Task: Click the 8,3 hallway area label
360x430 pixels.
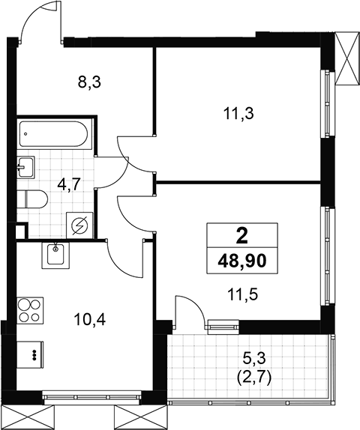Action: pos(89,82)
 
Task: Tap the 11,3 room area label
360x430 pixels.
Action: pos(238,114)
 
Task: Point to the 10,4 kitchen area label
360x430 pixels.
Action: pos(89,319)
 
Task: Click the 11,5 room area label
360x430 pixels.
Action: pos(242,295)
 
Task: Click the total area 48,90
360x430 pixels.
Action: pos(242,261)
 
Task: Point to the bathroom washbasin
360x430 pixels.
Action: pos(25,168)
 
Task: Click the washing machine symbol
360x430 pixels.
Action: pos(80,225)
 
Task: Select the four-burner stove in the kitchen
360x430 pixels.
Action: pos(30,310)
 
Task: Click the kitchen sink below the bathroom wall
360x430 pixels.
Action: pos(55,255)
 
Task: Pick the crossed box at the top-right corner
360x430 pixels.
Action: pos(347,58)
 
